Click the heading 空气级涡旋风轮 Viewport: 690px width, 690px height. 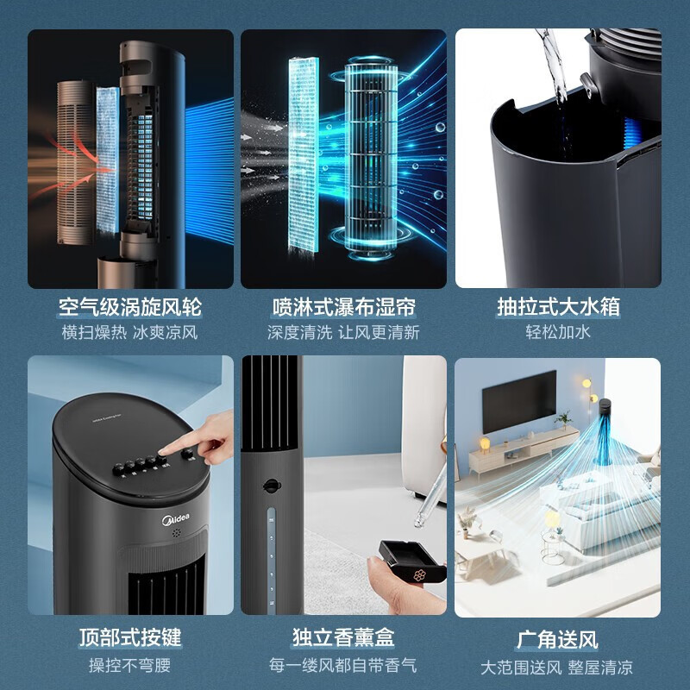pos(130,307)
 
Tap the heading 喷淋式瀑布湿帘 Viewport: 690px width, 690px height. pos(344,307)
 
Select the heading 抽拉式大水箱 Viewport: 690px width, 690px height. pos(558,307)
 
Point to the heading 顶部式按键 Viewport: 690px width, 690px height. pos(130,638)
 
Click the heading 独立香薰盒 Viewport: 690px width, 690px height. pos(344,638)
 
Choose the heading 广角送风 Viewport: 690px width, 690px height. pos(558,639)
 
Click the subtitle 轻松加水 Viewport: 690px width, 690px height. pos(558,332)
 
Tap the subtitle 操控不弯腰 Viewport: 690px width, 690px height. pos(130,665)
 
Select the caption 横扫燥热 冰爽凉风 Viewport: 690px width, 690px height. pos(130,332)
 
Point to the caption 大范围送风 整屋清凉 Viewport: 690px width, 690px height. pos(558,666)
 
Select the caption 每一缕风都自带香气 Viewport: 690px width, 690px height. pos(344,665)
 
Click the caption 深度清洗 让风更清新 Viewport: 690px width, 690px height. pos(344,332)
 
